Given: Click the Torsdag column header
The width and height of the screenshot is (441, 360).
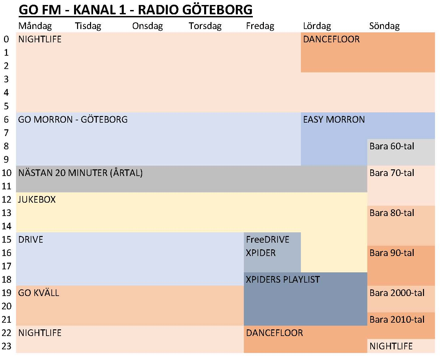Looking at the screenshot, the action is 205,26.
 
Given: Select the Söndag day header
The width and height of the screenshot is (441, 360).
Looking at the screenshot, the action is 384,26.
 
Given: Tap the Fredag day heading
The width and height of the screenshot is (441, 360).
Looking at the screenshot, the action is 260,26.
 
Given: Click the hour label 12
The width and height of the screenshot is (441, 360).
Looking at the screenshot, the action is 6,200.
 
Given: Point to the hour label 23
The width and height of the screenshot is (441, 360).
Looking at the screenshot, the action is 6,346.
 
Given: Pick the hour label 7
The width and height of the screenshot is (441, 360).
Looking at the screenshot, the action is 6,133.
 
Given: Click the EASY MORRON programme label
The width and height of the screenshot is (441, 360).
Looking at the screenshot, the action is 334,120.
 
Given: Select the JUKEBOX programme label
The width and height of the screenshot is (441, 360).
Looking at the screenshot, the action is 37,200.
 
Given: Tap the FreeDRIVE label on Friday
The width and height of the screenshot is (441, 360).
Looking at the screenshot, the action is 268,239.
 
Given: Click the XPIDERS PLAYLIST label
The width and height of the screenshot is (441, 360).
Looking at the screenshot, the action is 283,280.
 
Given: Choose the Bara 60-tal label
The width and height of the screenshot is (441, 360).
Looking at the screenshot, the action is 392,146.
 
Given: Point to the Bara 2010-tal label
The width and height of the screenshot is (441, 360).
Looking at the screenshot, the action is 397,320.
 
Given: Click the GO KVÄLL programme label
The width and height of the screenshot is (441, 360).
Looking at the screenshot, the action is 38,293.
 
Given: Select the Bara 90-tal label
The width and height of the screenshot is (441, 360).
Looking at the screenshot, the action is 392,253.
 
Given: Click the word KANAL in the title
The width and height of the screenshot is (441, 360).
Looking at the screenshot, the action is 94,10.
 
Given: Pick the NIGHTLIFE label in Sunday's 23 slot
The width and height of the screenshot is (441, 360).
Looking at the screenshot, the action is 391,346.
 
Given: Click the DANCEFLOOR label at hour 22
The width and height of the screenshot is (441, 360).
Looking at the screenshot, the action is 274,333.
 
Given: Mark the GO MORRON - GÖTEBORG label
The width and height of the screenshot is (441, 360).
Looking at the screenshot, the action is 73,120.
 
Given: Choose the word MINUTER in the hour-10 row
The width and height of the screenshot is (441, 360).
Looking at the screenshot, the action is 88,173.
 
